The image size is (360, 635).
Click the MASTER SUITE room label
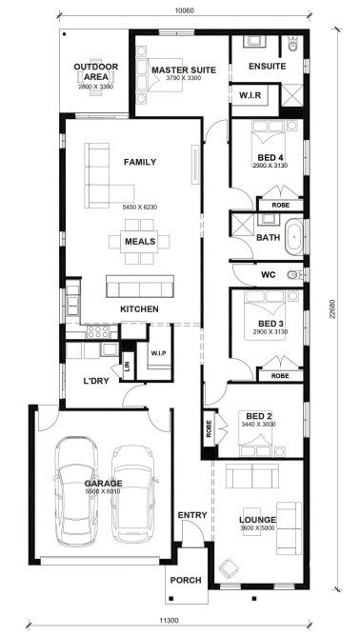coord(184,70)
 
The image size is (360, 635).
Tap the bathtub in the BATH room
coord(294,237)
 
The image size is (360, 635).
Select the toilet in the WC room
coord(294,275)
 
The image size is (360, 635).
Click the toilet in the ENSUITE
coord(293,44)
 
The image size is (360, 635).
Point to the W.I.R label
coord(250,95)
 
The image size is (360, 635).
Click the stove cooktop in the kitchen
coord(98,331)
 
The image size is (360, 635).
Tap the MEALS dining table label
coord(140,242)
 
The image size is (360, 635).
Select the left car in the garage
coord(76,491)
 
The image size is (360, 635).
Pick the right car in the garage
coord(133,494)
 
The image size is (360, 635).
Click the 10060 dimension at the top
coord(184,10)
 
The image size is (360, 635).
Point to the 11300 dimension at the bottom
coord(169,620)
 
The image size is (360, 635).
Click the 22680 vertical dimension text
coord(332,308)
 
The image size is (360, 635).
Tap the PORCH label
coord(186,581)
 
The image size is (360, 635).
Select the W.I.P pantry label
coord(158,353)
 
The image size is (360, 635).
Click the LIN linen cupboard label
coord(128,367)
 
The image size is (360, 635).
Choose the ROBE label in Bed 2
coord(209,428)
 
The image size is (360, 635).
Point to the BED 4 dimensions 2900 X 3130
coord(270,166)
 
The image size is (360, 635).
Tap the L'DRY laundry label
coord(95,381)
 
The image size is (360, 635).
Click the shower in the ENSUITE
coord(292,95)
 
